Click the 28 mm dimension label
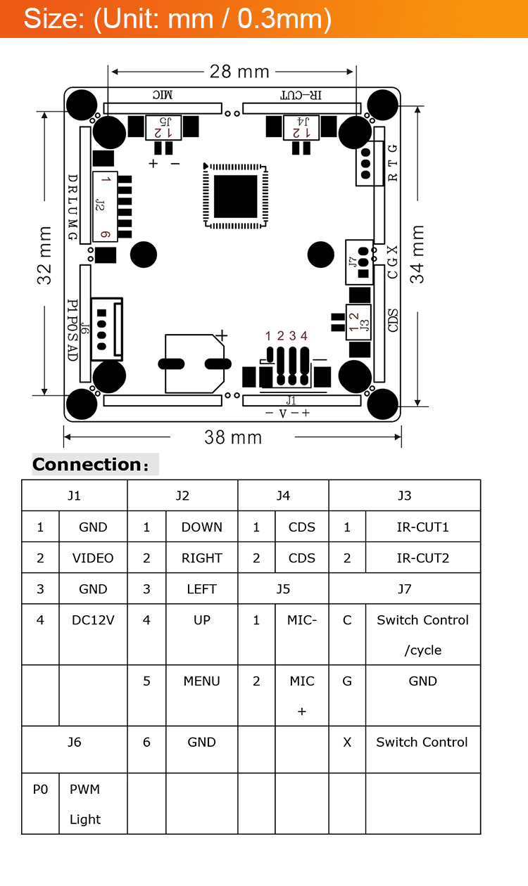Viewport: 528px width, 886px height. click(239, 71)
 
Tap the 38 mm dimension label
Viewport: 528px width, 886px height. click(233, 437)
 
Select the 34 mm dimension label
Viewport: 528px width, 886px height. click(417, 255)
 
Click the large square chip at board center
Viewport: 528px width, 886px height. click(236, 197)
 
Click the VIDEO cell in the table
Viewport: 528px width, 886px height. click(93, 558)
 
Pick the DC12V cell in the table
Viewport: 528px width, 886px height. click(93, 619)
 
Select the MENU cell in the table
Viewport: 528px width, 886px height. click(201, 681)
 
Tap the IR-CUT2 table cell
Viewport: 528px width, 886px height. click(422, 558)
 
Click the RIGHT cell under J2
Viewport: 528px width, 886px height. click(201, 558)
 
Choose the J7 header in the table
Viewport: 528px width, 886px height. click(404, 589)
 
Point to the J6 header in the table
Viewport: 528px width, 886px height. click(75, 742)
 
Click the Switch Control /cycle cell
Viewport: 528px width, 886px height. click(422, 634)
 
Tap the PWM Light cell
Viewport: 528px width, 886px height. click(85, 804)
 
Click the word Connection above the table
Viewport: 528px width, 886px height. click(87, 465)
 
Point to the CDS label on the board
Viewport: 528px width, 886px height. click(393, 321)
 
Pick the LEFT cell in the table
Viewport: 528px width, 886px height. click(201, 589)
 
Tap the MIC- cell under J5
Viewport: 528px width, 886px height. click(302, 619)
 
